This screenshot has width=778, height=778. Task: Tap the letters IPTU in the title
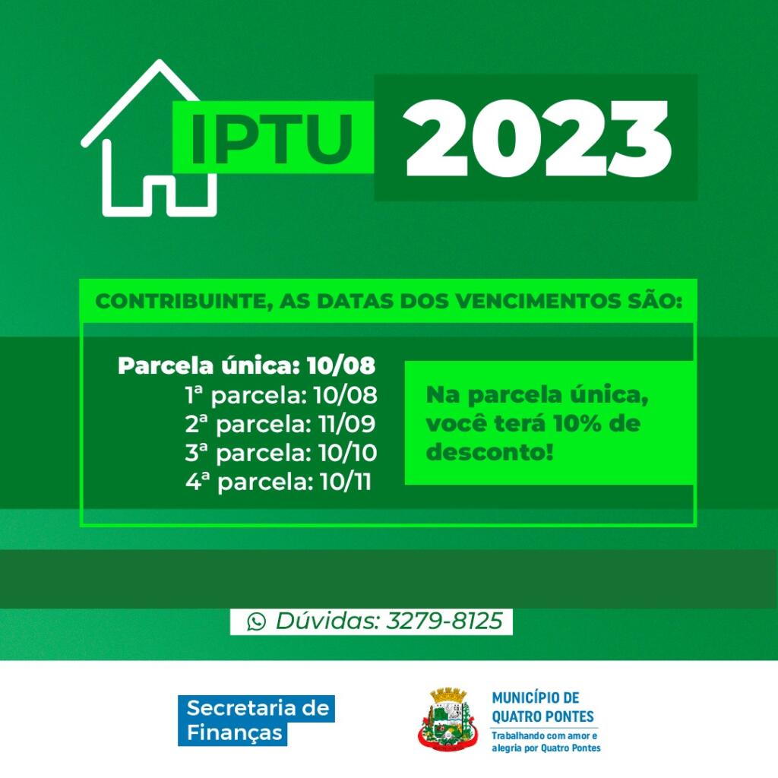tap(272, 140)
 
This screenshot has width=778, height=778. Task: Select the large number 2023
tap(537, 138)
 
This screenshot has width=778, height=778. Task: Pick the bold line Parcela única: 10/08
tap(247, 366)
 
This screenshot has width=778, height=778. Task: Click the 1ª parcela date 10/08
tap(346, 395)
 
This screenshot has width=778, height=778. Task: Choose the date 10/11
tap(346, 482)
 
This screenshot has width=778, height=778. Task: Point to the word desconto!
tap(489, 452)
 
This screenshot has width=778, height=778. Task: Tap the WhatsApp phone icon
tap(257, 621)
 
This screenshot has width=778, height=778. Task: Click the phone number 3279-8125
tap(444, 621)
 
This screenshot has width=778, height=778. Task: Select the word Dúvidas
tap(328, 621)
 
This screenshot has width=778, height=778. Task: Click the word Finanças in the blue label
tap(234, 733)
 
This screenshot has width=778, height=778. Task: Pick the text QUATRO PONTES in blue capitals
tap(542, 716)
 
